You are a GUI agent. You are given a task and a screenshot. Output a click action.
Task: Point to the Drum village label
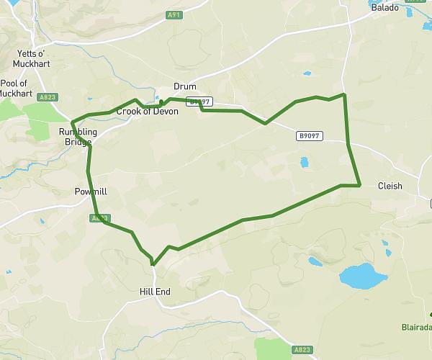tap(185, 86)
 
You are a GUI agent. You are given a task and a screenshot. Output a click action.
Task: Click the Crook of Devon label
tap(147, 111)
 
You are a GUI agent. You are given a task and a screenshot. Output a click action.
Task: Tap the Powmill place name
tap(91, 192)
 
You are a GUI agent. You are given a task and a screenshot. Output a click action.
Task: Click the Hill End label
tap(154, 292)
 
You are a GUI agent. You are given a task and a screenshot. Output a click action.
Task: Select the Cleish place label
tap(390, 186)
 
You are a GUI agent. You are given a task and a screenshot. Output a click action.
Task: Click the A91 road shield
tap(173, 14)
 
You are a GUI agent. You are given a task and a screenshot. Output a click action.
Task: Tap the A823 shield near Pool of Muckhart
tap(48, 96)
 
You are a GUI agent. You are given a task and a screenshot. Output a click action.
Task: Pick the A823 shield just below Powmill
tap(100, 217)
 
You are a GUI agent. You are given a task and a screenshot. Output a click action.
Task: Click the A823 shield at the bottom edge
tap(303, 349)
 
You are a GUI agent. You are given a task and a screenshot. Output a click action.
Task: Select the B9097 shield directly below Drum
tap(199, 102)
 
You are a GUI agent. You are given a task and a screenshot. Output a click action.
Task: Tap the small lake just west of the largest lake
tap(315, 261)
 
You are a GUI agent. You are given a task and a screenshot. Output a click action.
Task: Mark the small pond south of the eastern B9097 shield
tap(304, 163)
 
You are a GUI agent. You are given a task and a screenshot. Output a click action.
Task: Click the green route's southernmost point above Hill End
tap(153, 264)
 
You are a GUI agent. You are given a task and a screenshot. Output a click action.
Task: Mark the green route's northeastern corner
tap(344, 94)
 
